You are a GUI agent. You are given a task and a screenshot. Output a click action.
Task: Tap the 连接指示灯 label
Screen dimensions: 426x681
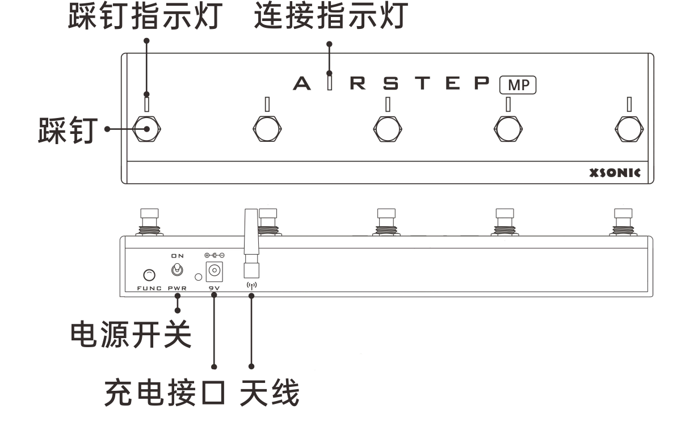tap(330, 17)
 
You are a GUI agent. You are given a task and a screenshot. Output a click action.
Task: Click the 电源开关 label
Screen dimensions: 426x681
tap(130, 336)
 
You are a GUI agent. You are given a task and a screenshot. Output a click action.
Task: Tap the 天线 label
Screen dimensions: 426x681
tap(269, 394)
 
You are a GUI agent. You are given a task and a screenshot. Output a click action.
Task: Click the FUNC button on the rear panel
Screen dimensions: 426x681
tap(148, 276)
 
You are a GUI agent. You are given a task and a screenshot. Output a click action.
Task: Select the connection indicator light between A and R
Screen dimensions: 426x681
tap(330, 83)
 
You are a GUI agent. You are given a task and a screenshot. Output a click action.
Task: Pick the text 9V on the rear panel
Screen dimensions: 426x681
tap(214, 289)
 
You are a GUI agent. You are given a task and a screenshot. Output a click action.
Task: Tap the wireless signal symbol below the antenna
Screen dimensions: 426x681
tap(251, 285)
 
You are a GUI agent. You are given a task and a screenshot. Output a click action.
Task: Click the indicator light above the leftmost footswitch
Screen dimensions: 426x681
tap(147, 104)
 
